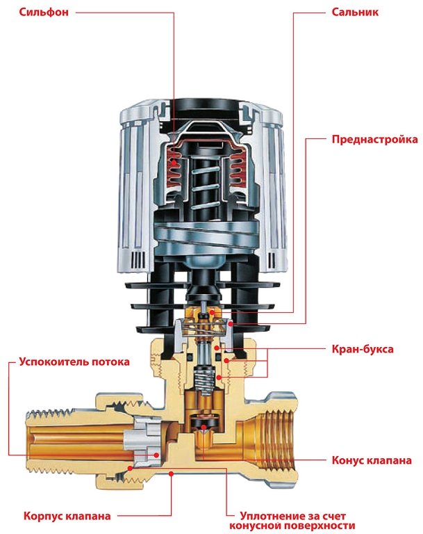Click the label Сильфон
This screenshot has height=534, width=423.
pos(35,12)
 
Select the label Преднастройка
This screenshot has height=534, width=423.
pos(374,139)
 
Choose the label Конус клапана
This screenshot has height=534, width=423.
pos(373,460)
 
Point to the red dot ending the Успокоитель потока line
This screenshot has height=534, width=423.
pos(156,455)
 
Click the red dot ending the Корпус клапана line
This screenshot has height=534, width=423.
pos(172,472)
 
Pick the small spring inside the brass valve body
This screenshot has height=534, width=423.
pos(203,379)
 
